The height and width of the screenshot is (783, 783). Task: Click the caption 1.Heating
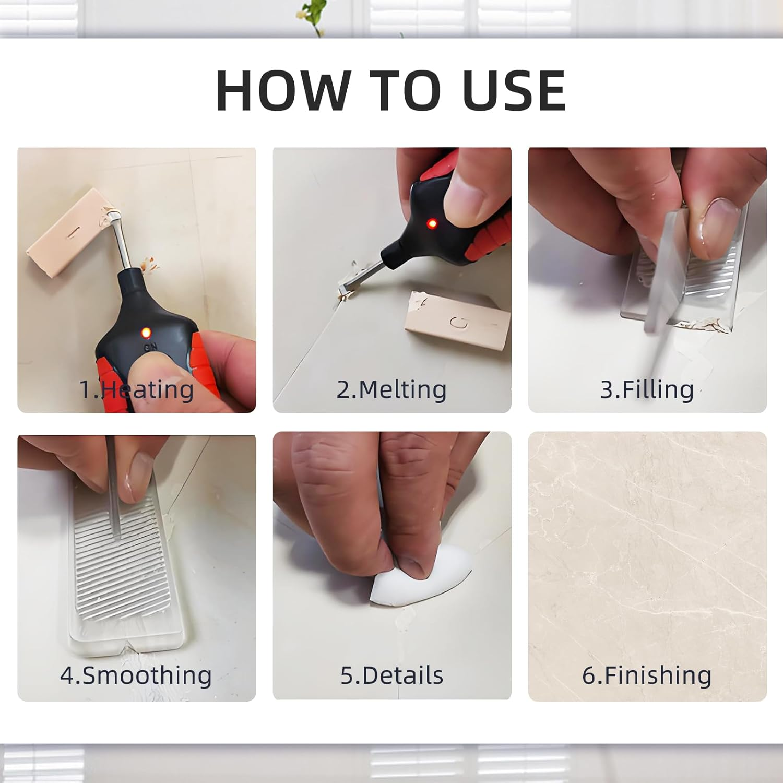136,389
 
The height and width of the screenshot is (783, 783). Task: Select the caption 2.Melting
391,389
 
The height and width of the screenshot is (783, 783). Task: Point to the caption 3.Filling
647,389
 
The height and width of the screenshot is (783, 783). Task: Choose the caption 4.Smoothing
136,675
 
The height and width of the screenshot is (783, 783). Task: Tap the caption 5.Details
391,675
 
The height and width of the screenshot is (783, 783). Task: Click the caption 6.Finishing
647,675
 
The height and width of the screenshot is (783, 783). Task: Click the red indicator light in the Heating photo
146,332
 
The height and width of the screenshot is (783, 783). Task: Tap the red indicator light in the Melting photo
432,224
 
